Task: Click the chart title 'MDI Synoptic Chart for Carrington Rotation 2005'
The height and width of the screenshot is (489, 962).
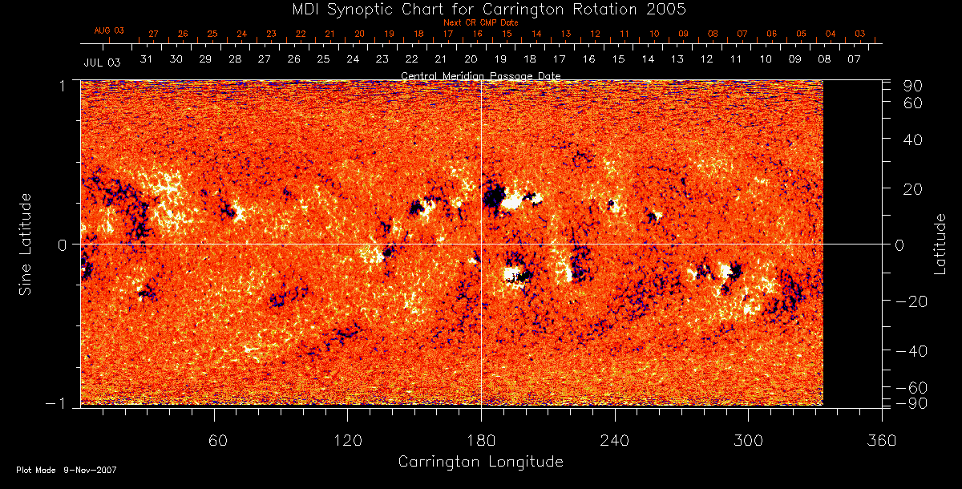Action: tap(480, 9)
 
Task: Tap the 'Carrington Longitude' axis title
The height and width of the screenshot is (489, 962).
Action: tap(480, 462)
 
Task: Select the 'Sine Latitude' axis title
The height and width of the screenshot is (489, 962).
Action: tap(26, 244)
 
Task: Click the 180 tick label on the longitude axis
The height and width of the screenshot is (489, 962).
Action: tap(480, 440)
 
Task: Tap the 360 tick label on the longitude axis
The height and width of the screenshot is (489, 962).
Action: tap(882, 440)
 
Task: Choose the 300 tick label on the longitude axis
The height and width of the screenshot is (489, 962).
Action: tap(748, 440)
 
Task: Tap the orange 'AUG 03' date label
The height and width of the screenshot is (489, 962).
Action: tap(109, 30)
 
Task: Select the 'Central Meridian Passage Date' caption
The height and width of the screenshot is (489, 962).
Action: tap(480, 75)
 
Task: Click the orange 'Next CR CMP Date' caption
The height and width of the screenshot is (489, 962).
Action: tap(480, 22)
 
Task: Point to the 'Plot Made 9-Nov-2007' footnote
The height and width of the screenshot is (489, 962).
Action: tap(67, 470)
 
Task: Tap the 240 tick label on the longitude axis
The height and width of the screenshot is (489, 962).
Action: tap(615, 440)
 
